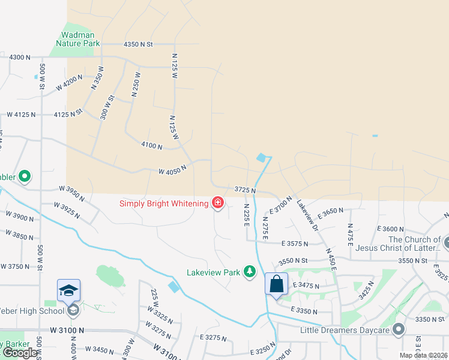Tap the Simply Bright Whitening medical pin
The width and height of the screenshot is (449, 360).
coord(217,203)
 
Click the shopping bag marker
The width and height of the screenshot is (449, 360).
coord(276,284)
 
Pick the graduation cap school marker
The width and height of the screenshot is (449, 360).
coord(69,290)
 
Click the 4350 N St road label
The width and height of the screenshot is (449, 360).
coord(138,44)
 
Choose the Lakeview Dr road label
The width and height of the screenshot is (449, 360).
coord(307,213)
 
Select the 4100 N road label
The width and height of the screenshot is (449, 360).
coord(152,145)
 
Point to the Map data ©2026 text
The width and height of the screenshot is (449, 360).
coord(424,355)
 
